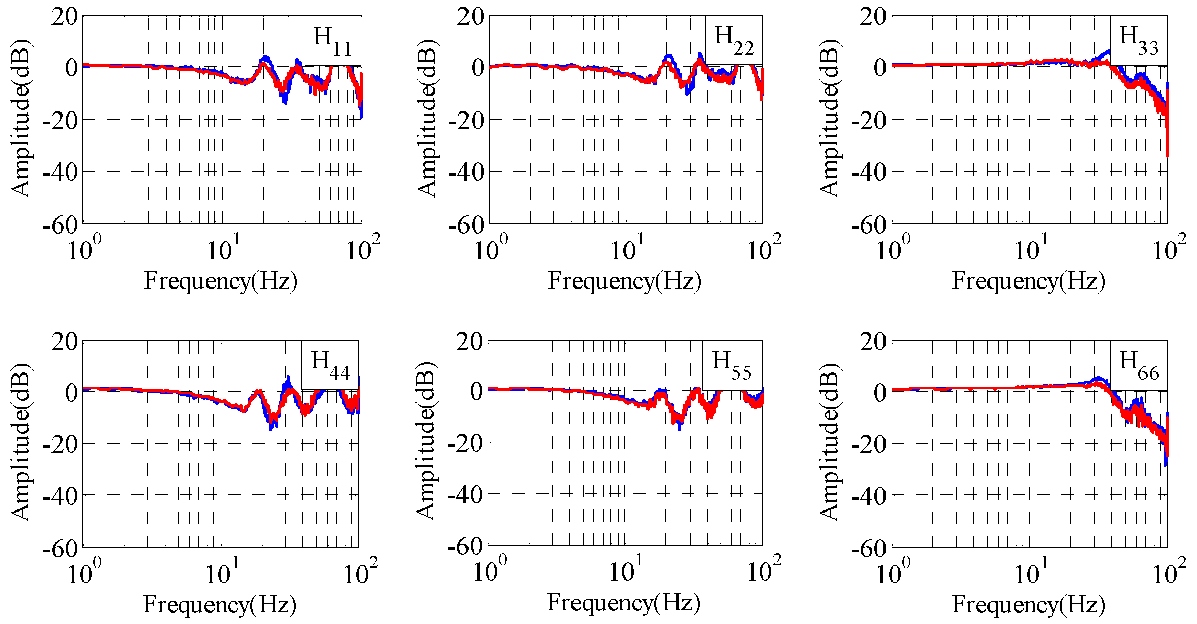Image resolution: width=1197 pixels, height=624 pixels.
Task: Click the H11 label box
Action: [332, 40]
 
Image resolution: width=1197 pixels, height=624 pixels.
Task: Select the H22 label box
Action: [734, 40]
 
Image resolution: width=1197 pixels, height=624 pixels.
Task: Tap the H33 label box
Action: [1138, 40]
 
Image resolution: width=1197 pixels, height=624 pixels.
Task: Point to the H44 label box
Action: [330, 365]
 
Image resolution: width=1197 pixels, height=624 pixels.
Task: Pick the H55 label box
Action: [732, 365]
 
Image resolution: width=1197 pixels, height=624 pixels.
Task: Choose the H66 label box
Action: [1138, 365]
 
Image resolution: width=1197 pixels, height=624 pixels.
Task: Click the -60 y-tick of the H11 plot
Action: [61, 225]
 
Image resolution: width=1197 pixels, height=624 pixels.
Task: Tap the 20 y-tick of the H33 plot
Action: [873, 17]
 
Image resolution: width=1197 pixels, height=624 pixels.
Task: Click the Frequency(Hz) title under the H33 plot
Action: [1028, 281]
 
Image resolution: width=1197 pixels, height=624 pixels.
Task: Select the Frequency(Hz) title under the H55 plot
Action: [623, 603]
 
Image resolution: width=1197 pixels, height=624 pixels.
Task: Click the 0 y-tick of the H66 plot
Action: [879, 392]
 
